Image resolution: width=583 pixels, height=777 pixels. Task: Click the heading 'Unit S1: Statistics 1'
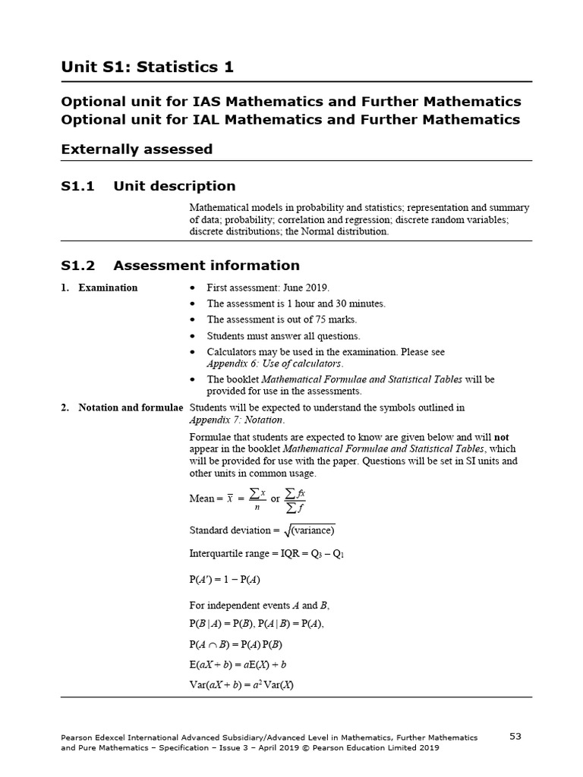(147, 68)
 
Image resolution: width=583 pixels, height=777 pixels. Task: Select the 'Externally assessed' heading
(137, 149)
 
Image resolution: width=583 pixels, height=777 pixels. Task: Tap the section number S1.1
(77, 186)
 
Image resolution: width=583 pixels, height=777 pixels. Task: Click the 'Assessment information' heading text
(206, 266)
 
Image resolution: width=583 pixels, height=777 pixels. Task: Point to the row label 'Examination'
(108, 288)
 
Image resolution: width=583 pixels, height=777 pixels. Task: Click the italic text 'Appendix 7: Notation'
(235, 420)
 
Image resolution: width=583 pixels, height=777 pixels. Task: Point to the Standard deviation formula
(261, 530)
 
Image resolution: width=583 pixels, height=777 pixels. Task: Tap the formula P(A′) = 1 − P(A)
(225, 579)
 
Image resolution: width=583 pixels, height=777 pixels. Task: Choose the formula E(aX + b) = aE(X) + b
(238, 665)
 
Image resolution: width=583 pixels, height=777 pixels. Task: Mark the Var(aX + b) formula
(241, 684)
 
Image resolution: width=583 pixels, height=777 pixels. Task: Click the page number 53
(515, 736)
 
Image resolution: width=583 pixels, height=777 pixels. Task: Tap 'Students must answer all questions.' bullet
(284, 336)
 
